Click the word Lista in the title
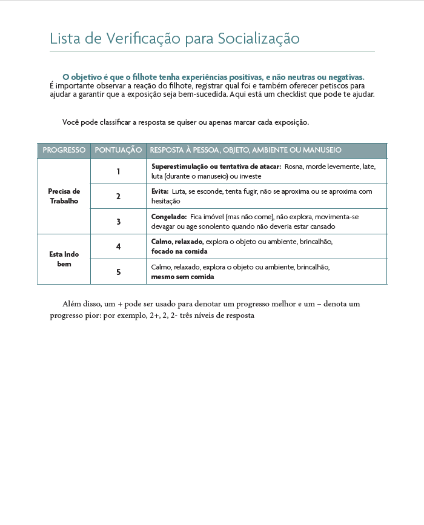point(64,39)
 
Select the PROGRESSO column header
point(64,150)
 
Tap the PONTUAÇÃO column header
point(119,150)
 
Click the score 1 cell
point(119,171)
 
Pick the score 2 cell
point(119,196)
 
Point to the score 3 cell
point(119,222)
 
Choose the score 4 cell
point(119,246)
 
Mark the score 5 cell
point(119,272)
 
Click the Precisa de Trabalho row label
point(64,196)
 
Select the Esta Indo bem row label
point(64,259)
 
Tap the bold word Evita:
point(160,191)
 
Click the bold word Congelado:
point(168,217)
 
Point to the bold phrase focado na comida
point(179,251)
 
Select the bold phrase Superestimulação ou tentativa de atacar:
point(216,167)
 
